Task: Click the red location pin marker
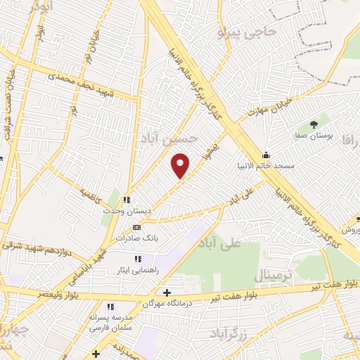point(181,166)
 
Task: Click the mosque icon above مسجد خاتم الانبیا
point(266,155)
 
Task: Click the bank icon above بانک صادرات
point(136,227)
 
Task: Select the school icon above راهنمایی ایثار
point(138,258)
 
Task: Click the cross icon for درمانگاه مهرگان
point(166,292)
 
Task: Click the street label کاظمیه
point(91,191)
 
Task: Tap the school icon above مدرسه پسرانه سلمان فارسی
point(110,307)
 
